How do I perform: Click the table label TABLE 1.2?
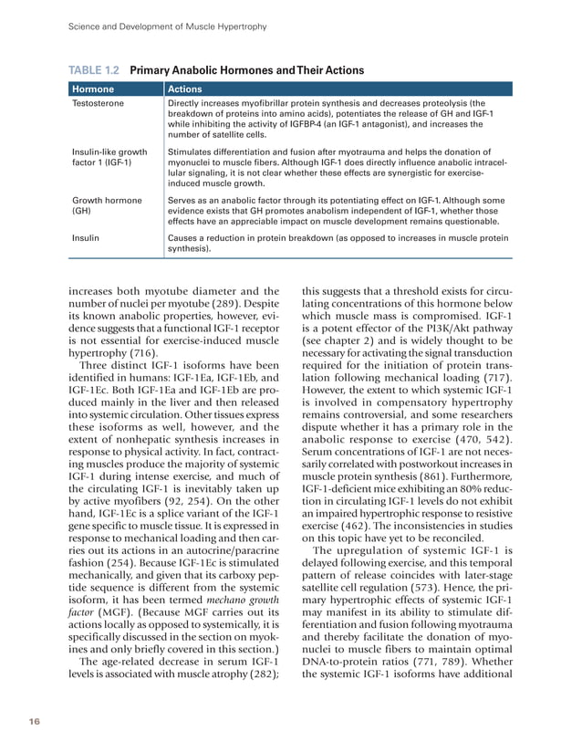click(x=95, y=69)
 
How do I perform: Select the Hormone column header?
click(x=91, y=89)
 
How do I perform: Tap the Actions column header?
click(x=186, y=89)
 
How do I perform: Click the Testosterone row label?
click(x=97, y=104)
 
